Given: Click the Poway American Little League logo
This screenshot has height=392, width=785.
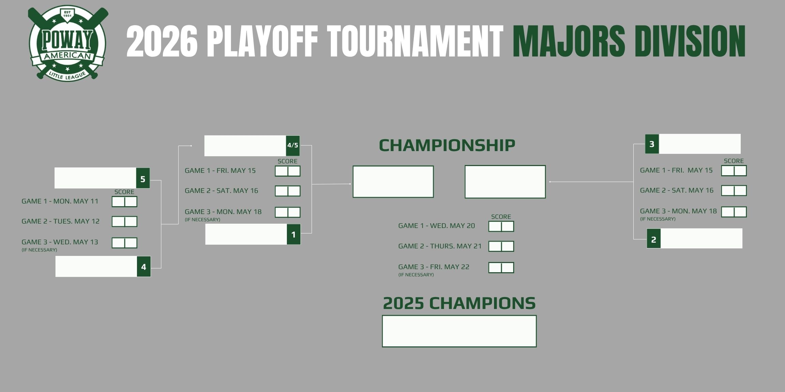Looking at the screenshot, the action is click(68, 43).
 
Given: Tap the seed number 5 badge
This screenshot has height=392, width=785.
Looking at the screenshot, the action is click(143, 178).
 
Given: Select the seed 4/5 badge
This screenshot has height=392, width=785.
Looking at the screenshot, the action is click(293, 146).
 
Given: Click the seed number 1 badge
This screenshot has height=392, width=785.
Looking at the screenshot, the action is click(294, 234).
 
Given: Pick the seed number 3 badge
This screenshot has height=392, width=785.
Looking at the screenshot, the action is click(652, 144).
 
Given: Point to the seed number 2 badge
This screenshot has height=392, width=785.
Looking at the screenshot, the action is click(653, 239).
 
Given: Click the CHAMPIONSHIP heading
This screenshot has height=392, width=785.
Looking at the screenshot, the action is click(447, 145).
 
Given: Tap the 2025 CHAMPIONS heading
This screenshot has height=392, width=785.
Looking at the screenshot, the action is click(459, 303).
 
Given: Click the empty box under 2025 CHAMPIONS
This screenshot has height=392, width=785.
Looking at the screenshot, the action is click(459, 331).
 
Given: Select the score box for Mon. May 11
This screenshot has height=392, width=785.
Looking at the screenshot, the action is click(124, 202).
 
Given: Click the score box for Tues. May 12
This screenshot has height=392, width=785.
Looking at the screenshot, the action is click(124, 222).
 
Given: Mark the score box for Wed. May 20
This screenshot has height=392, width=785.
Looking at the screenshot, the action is click(501, 226).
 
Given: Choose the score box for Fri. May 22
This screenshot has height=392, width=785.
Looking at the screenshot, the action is click(501, 268).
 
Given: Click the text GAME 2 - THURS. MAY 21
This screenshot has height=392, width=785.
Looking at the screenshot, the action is click(440, 246).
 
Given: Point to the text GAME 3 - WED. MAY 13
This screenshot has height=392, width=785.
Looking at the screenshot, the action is click(60, 242).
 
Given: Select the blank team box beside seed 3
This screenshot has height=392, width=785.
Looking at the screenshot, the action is click(699, 144).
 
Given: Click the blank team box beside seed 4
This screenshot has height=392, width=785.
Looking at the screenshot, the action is click(96, 266).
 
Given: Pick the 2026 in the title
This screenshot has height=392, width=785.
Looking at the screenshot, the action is click(162, 42).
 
